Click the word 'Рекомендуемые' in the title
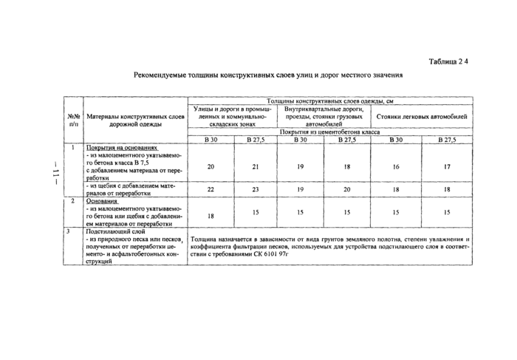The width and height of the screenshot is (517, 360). click(162, 75)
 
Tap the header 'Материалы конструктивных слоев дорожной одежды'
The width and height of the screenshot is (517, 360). click(134, 120)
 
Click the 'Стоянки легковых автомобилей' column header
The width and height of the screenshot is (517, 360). click(421, 117)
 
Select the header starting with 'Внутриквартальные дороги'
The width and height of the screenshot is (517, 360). click(324, 117)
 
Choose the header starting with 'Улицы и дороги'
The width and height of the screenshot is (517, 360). click(232, 117)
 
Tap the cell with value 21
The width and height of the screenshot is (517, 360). click(256, 167)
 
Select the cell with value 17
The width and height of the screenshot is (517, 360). click(447, 167)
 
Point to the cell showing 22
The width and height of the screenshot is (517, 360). click(210, 189)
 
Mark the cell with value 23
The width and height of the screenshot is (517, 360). click(256, 189)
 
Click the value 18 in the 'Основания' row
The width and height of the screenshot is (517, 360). click(210, 214)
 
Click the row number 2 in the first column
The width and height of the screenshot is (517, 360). click(72, 200)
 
